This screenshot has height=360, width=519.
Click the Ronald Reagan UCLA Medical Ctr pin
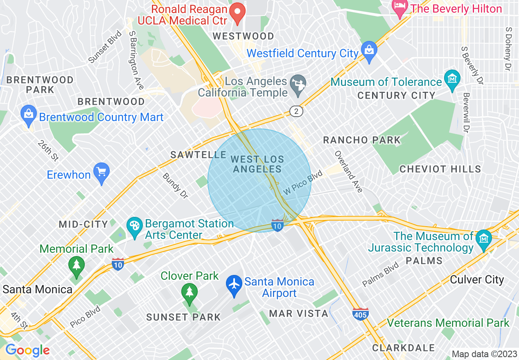(x=237, y=13)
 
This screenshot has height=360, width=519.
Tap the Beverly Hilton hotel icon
(x=399, y=7)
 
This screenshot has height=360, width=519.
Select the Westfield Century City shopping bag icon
(x=369, y=51)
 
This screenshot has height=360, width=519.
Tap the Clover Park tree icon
(x=189, y=291)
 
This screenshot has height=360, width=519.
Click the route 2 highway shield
(x=297, y=111)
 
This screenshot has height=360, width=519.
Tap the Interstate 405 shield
(x=360, y=314)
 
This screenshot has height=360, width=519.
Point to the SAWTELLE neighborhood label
(x=199, y=155)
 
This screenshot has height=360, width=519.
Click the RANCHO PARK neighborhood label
(x=362, y=140)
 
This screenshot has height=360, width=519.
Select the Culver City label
(x=476, y=280)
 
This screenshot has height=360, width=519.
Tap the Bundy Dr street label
(x=175, y=186)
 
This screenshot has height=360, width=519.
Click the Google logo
(x=27, y=351)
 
